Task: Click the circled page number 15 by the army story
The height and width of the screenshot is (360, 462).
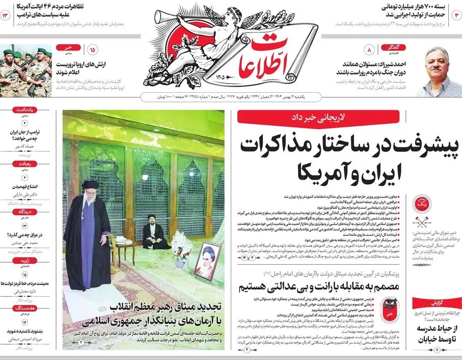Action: (93, 50)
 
